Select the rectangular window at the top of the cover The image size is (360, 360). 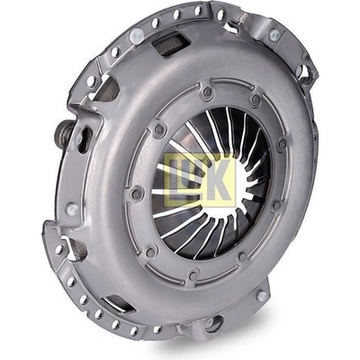coord(169,44)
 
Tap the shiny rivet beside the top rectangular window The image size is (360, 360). coord(137,36)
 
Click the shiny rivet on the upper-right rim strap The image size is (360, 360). coord(274,35)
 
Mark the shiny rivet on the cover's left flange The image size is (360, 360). coord(72,209)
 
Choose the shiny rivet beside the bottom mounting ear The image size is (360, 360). coord(263,296)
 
